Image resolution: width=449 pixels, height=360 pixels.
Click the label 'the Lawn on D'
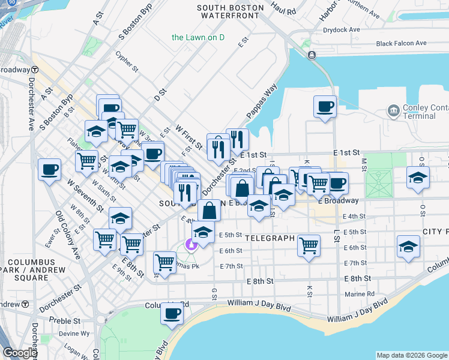pos(197,37)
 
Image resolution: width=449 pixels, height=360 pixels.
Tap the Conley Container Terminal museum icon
pos(394,110)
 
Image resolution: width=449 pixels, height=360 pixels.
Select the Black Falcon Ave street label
pos(401,43)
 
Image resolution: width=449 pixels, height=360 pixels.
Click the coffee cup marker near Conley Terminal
pos(325,107)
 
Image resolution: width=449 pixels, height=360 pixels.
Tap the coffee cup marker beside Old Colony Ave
pos(49,169)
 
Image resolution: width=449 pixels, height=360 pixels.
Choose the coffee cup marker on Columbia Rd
pos(172,313)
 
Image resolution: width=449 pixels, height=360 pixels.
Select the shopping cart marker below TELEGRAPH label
pos(309,245)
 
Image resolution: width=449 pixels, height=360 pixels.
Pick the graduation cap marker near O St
pos(418,178)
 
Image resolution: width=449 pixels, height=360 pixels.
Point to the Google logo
pos(20,352)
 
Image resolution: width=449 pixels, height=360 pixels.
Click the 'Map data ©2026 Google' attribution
pos(412,355)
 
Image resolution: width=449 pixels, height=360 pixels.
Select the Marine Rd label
pos(360,294)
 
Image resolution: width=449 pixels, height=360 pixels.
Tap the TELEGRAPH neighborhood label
pos(269,238)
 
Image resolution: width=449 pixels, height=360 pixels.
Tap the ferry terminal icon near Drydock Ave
pos(312,55)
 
